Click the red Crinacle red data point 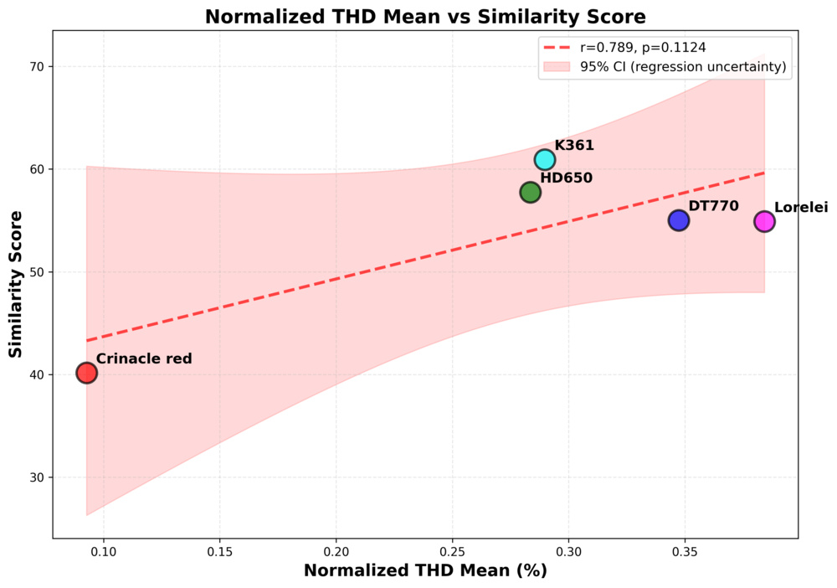pos(86,373)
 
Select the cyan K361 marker pos(545,159)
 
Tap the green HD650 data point pos(530,192)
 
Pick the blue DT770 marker pos(679,220)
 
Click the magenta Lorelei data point pos(764,221)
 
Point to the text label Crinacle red pos(144,358)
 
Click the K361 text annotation pos(574,145)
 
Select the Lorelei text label pos(801,207)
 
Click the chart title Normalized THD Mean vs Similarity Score pos(425,17)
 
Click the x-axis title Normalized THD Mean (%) pos(425,570)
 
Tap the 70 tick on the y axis pos(36,67)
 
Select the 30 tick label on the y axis pos(36,477)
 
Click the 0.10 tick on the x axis pos(103,553)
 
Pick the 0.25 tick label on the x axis pos(452,553)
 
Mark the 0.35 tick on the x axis pos(685,553)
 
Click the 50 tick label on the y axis pos(36,272)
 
